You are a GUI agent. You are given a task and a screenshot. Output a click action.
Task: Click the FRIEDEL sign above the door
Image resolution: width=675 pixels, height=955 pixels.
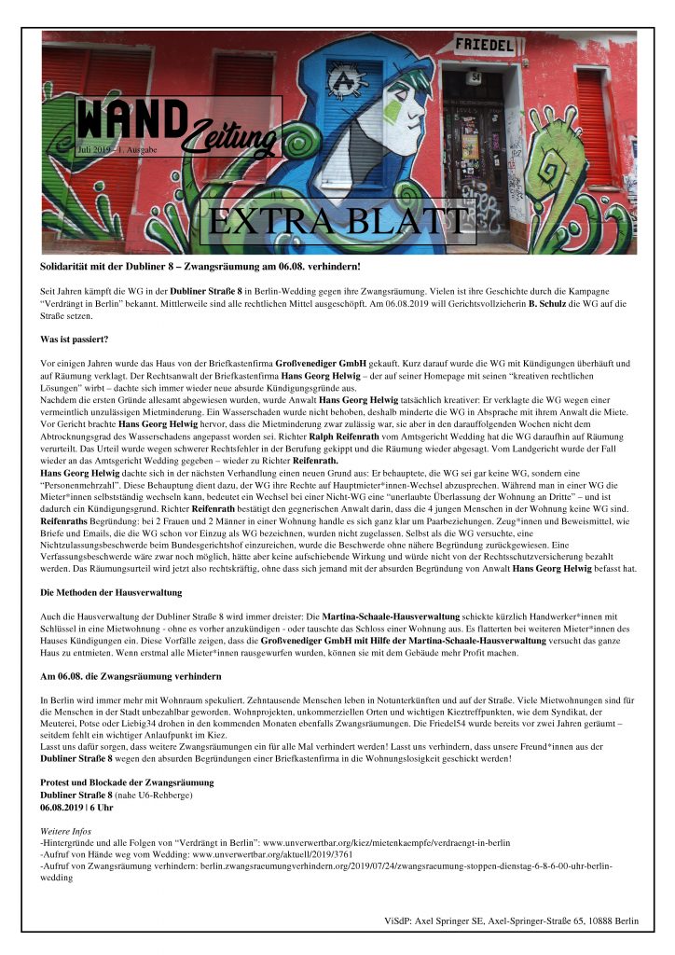pyautogui.click(x=484, y=44)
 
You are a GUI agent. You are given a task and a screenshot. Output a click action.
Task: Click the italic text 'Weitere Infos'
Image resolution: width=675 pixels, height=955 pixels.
pyautogui.click(x=68, y=830)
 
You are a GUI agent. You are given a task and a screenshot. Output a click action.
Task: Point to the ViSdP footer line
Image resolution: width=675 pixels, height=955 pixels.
pyautogui.click(x=511, y=921)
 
